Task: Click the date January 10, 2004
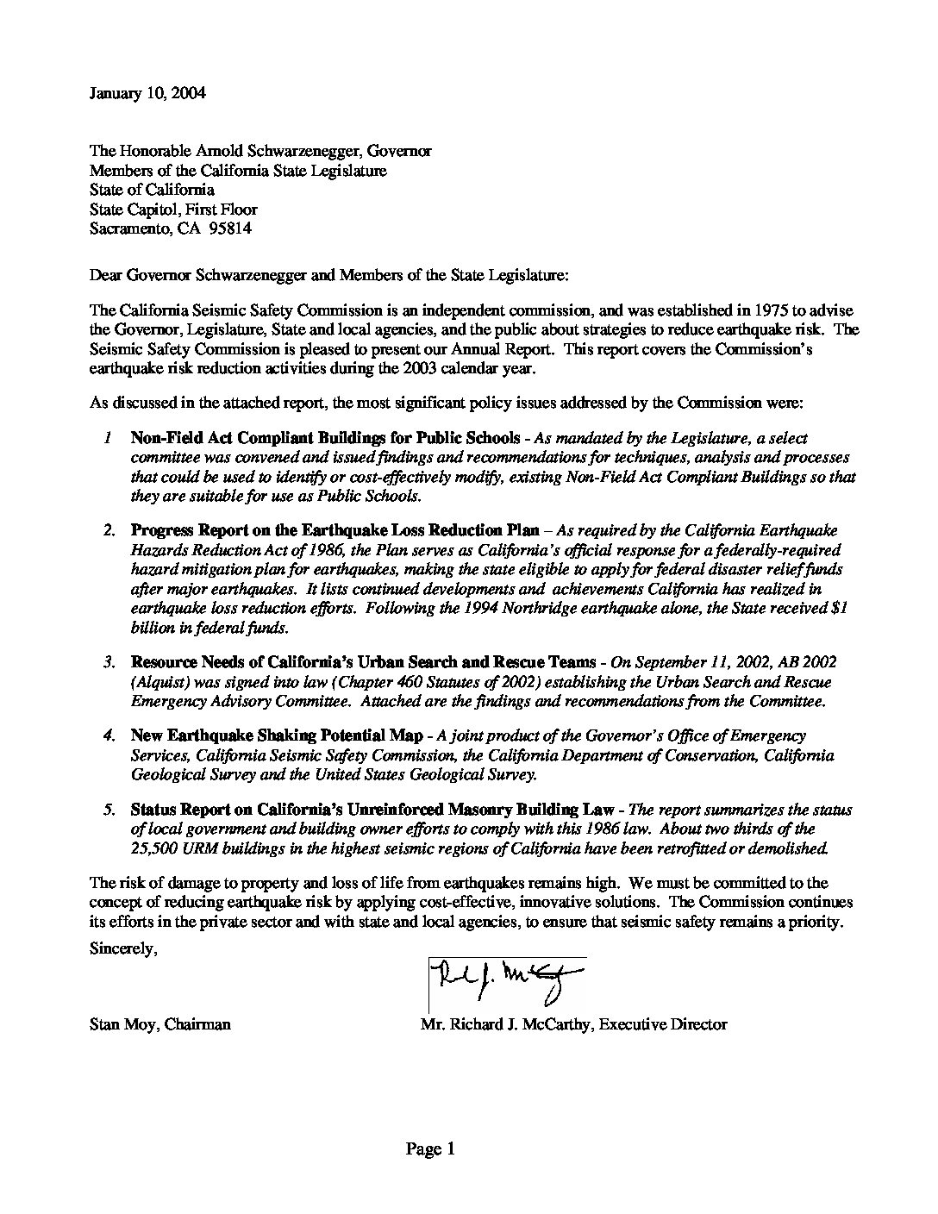click(x=147, y=93)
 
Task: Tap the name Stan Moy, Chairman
click(x=159, y=1024)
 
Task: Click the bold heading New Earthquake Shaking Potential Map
click(x=277, y=735)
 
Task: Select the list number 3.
click(x=109, y=662)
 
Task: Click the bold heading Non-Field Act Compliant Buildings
click(x=325, y=438)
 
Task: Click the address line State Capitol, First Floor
click(x=173, y=209)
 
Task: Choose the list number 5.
click(x=109, y=810)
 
